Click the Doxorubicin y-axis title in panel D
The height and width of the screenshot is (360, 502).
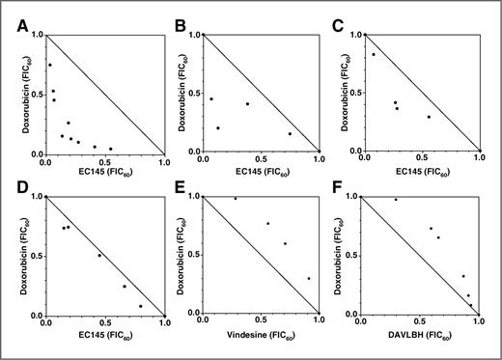(x=13, y=256)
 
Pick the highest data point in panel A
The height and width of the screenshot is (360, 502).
(x=49, y=65)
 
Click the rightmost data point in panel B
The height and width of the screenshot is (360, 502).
(x=290, y=134)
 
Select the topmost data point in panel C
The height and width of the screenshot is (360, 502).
(x=374, y=54)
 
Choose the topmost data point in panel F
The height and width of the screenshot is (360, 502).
(x=396, y=199)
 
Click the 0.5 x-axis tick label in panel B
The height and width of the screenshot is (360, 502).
(x=265, y=162)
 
